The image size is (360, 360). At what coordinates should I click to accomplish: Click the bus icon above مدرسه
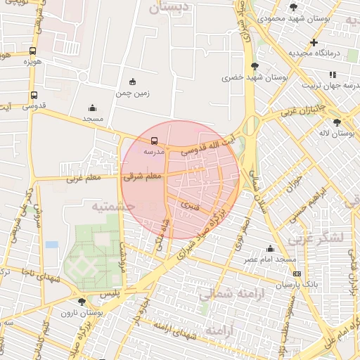pos(155,140)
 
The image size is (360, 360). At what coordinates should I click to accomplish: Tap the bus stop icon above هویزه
pos(33,51)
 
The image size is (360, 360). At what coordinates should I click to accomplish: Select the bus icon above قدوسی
pos(34,96)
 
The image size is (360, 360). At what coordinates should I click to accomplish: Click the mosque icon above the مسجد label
pos(93,108)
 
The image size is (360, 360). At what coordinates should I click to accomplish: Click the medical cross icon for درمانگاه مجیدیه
pos(314,43)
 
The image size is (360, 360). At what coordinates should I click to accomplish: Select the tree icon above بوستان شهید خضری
pos(254,66)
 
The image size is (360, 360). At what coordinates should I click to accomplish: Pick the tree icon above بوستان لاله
pos(347,122)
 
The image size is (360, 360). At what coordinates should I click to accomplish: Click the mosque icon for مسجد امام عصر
pos(270,248)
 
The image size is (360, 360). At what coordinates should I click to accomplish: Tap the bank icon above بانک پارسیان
pos(297,274)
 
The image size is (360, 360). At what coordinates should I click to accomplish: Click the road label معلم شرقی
pos(143,176)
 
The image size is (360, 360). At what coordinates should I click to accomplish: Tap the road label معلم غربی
pos(84,179)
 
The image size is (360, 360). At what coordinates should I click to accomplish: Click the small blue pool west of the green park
pos(51,244)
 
